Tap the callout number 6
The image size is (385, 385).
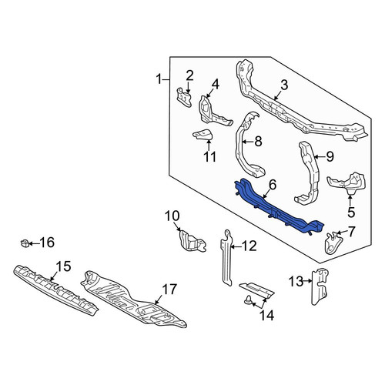(x=273, y=185)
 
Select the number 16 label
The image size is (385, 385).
(x=47, y=243)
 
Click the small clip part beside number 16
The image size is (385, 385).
(x=25, y=243)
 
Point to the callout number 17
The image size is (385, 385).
(x=169, y=290)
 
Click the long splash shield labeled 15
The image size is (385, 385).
(x=55, y=290)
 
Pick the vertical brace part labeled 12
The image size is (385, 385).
(x=226, y=257)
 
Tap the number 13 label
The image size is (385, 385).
(x=296, y=281)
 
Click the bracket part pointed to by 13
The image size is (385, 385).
(x=320, y=286)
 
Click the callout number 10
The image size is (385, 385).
(x=172, y=216)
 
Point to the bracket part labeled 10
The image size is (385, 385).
(x=192, y=240)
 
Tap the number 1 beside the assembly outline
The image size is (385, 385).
(x=159, y=80)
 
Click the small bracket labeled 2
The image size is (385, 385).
(x=185, y=97)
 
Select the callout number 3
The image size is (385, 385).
(x=284, y=85)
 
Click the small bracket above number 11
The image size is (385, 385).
(x=203, y=135)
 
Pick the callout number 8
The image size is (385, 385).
(x=257, y=142)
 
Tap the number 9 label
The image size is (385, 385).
(x=330, y=156)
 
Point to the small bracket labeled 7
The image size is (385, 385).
(x=333, y=243)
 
